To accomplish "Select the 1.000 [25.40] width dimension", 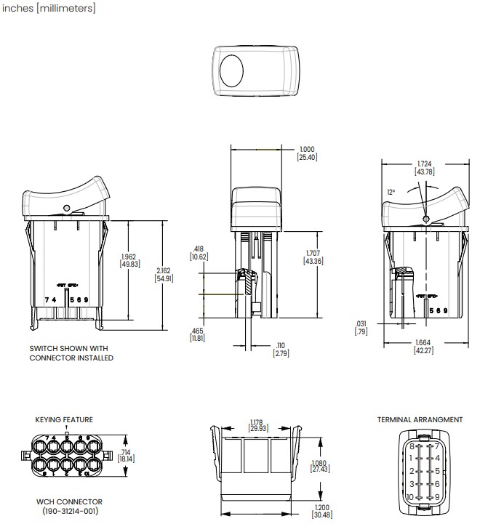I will [x=308, y=153].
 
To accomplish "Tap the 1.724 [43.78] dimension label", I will [x=424, y=168].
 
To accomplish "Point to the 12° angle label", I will [x=391, y=192].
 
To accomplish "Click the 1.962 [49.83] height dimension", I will [x=130, y=259].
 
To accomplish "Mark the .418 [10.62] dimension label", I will [x=199, y=252].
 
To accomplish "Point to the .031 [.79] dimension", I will [x=360, y=327].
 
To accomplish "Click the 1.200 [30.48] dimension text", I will [x=321, y=512].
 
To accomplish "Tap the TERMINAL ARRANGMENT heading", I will [x=420, y=419].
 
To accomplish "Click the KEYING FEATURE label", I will [x=64, y=419].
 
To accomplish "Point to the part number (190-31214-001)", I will [x=69, y=511].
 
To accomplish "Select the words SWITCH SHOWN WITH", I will [x=68, y=348].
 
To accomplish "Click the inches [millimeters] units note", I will [x=48, y=9].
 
